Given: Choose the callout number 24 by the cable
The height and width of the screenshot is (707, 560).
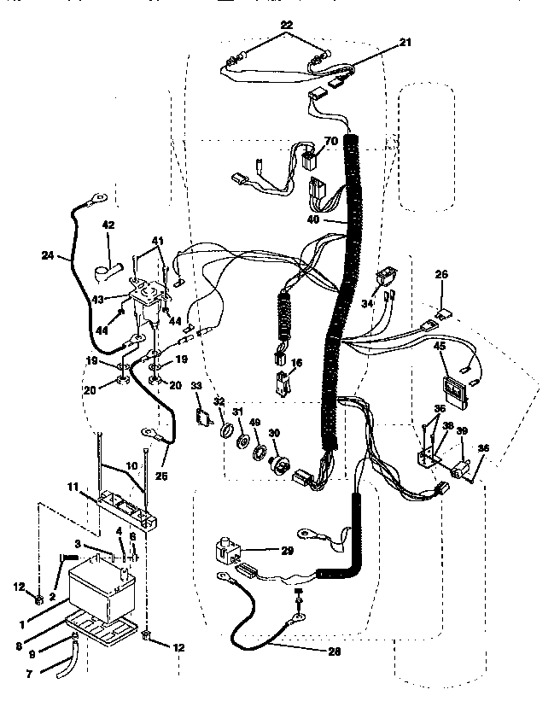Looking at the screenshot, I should [47, 254].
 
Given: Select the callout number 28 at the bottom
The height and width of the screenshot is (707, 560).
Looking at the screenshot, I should [335, 653].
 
